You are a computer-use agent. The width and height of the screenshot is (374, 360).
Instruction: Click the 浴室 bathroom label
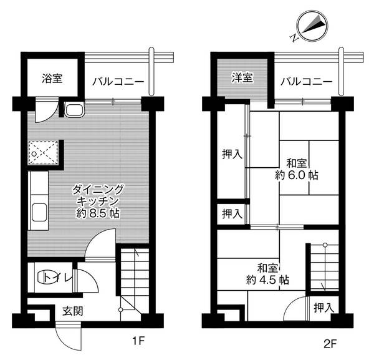tap(52, 80)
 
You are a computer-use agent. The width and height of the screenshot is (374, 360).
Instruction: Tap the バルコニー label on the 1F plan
tap(118, 81)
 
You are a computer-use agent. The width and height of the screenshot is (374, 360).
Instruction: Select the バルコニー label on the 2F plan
tap(305, 81)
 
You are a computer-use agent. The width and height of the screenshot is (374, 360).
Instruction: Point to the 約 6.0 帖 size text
tap(297, 175)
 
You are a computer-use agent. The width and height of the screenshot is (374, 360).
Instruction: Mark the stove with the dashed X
tap(44, 152)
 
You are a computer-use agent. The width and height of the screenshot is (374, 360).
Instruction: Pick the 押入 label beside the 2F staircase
tap(323, 308)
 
